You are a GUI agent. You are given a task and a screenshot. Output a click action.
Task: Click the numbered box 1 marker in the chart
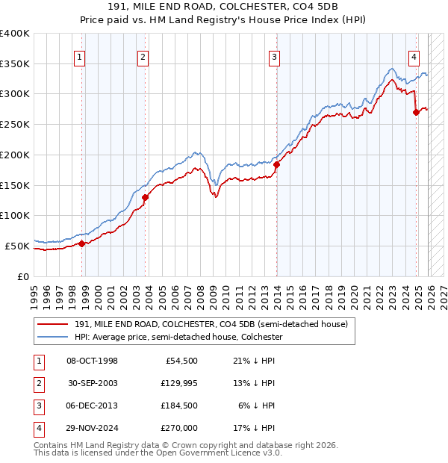coord(80,56)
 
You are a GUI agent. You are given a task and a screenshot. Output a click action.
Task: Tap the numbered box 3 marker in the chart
coord(275,56)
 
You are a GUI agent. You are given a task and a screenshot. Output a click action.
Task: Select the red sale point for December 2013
coord(276,164)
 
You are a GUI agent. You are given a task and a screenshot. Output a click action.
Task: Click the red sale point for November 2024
coord(416,113)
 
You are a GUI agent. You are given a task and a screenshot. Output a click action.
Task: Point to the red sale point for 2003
coord(145,197)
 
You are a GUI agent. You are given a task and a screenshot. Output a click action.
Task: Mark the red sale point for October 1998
coord(81,243)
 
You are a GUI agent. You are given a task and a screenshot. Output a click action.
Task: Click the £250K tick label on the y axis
coord(14,125)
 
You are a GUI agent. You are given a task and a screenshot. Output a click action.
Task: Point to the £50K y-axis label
coord(16,246)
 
